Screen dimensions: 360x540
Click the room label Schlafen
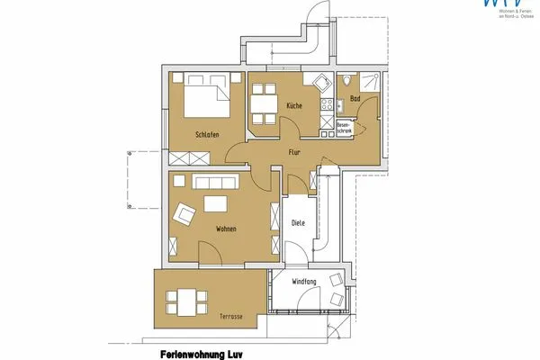(x=207, y=135)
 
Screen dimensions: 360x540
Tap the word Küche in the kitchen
(x=294, y=106)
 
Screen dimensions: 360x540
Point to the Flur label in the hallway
(x=294, y=152)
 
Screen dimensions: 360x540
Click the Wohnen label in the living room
(x=226, y=229)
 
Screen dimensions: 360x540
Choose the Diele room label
(x=299, y=223)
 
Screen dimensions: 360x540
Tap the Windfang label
(x=305, y=283)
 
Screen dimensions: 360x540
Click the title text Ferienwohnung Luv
(x=199, y=353)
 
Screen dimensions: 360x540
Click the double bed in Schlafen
(x=208, y=96)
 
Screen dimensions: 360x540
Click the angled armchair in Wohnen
(x=185, y=214)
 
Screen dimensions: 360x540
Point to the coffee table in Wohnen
(x=216, y=204)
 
